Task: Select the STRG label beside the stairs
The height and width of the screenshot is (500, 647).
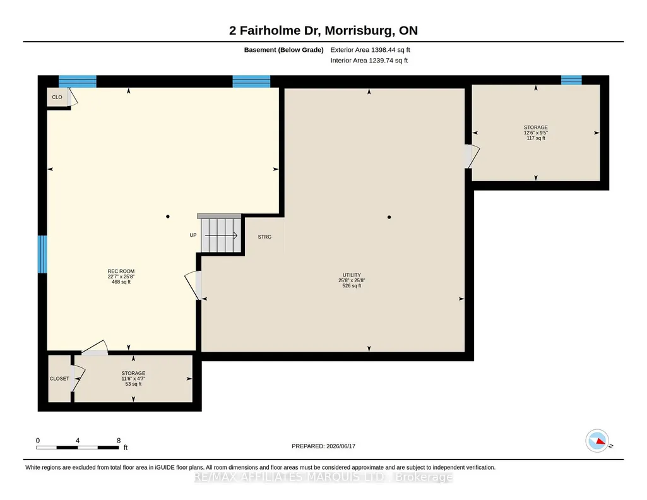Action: pyautogui.click(x=264, y=237)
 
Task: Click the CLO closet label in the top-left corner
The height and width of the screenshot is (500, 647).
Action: pyautogui.click(x=57, y=97)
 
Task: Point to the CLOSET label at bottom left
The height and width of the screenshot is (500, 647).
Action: pyautogui.click(x=59, y=379)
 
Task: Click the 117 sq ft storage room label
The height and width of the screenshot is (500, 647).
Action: pyautogui.click(x=536, y=133)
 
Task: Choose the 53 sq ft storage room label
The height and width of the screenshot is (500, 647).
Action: pyautogui.click(x=133, y=378)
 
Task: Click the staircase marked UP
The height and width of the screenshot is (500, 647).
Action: pyautogui.click(x=221, y=235)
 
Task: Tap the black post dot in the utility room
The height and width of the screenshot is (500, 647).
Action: pyautogui.click(x=389, y=217)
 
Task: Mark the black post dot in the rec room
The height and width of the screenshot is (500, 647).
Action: pyautogui.click(x=167, y=217)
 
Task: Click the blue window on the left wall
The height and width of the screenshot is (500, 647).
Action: pyautogui.click(x=42, y=254)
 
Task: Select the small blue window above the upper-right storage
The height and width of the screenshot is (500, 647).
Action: pyautogui.click(x=571, y=80)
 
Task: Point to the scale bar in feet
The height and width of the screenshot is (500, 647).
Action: pyautogui.click(x=78, y=447)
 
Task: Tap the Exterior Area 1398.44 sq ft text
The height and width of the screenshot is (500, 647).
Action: pyautogui.click(x=370, y=50)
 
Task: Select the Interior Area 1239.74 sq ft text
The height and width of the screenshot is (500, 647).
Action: pyautogui.click(x=369, y=60)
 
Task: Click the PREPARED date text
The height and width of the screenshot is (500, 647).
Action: pyautogui.click(x=323, y=446)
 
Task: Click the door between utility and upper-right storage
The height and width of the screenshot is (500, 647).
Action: pyautogui.click(x=472, y=156)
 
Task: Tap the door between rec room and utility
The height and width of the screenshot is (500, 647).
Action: pyautogui.click(x=193, y=285)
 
